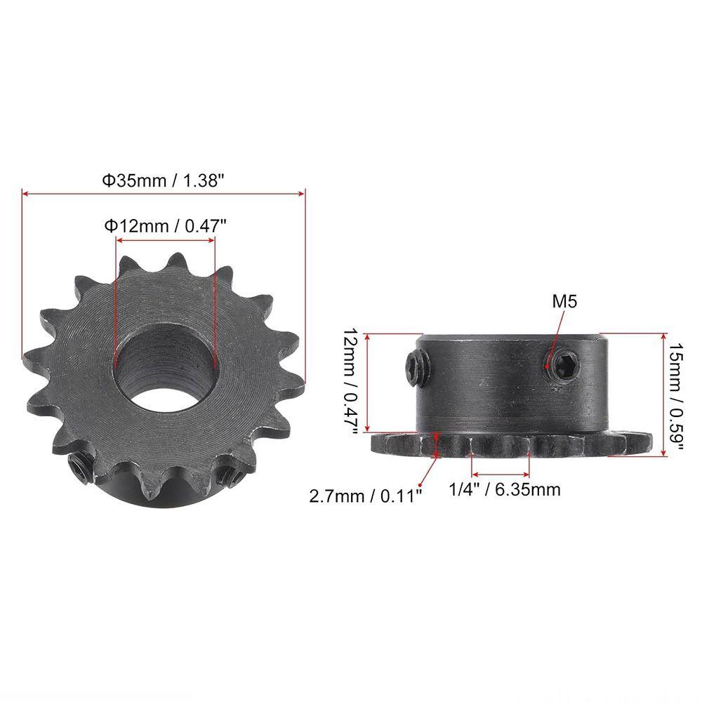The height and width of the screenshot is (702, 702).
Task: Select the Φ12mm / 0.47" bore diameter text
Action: pyautogui.click(x=165, y=226)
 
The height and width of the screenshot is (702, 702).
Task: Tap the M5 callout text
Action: pyautogui.click(x=564, y=303)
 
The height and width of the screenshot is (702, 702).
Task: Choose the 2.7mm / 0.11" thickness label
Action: pyautogui.click(x=366, y=496)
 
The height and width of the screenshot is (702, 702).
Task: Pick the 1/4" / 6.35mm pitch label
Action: pyautogui.click(x=505, y=489)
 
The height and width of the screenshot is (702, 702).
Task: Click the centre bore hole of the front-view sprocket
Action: pyautogui.click(x=164, y=364)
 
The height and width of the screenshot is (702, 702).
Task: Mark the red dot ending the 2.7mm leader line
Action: pyautogui.click(x=420, y=484)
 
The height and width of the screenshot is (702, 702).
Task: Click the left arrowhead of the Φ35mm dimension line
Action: pyautogui.click(x=25, y=192)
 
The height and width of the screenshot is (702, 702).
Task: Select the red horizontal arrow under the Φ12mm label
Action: pyautogui.click(x=164, y=240)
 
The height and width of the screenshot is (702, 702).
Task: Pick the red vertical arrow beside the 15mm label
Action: pyautogui.click(x=664, y=395)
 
